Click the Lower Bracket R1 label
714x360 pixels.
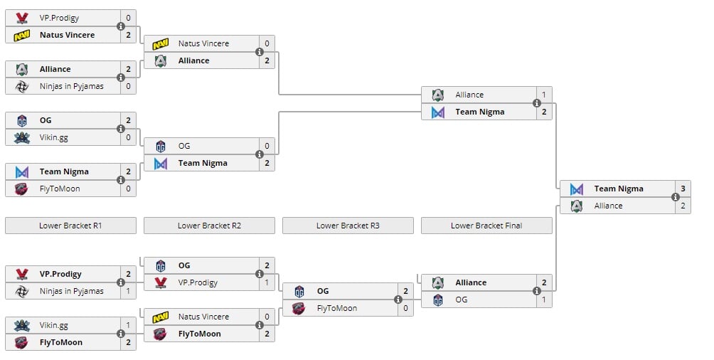click(70, 226)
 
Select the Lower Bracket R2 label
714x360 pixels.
click(209, 226)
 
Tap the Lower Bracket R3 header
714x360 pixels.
click(348, 226)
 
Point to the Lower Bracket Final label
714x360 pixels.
click(486, 226)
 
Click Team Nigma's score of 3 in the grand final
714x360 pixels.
click(683, 189)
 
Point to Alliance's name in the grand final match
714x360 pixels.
click(608, 206)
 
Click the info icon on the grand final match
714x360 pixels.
click(676, 197)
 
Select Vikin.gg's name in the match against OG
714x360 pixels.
click(53, 137)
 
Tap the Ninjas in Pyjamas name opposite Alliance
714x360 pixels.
click(71, 86)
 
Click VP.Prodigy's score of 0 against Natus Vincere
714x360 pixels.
click(128, 18)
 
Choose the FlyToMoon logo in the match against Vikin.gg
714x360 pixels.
click(22, 342)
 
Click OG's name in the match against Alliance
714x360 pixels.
click(462, 300)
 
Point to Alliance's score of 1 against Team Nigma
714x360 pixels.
click(544, 95)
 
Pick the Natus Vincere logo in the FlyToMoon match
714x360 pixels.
click(161, 317)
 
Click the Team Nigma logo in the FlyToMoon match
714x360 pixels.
click(22, 171)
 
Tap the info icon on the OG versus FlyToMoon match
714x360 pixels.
click(398, 300)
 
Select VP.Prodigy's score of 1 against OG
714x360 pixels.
click(267, 282)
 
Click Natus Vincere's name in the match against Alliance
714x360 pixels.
click(203, 43)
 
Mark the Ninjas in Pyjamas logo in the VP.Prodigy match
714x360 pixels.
click(22, 291)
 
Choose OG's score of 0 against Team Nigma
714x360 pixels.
click(267, 146)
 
